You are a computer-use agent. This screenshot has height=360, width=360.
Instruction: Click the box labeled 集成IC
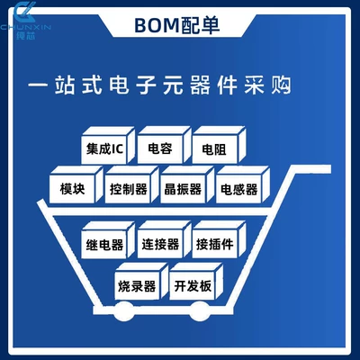coord(108,146)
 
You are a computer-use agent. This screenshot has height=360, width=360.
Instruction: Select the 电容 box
coord(164,145)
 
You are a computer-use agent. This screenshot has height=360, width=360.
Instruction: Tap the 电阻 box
coord(219,145)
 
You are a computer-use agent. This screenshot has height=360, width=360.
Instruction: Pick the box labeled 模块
coord(76,184)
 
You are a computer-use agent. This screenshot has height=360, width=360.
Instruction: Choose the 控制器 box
coord(132,184)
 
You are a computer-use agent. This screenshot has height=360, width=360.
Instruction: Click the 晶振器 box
coord(187,184)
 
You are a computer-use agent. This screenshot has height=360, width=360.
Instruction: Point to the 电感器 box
coord(243,184)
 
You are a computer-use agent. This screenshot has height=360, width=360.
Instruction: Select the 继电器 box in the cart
coord(108,240)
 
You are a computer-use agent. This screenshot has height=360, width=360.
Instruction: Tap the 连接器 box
coord(164,239)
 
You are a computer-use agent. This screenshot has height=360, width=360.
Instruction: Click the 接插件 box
coord(219,239)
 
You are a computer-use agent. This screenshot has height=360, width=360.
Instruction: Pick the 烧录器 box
coord(141,282)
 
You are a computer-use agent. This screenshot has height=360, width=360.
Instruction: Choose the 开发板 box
coord(196,282)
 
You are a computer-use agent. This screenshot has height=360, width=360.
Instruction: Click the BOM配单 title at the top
coord(177,25)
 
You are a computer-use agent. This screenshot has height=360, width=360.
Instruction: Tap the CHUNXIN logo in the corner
coord(25,21)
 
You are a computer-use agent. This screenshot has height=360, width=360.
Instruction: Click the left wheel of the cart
coord(124,310)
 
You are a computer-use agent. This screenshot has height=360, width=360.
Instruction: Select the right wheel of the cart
coord(199,310)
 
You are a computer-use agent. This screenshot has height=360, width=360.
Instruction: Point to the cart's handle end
coord(328,169)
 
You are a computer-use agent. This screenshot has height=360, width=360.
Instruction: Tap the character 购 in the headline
coord(281,85)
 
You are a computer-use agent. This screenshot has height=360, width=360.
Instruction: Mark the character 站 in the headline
coord(65,85)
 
